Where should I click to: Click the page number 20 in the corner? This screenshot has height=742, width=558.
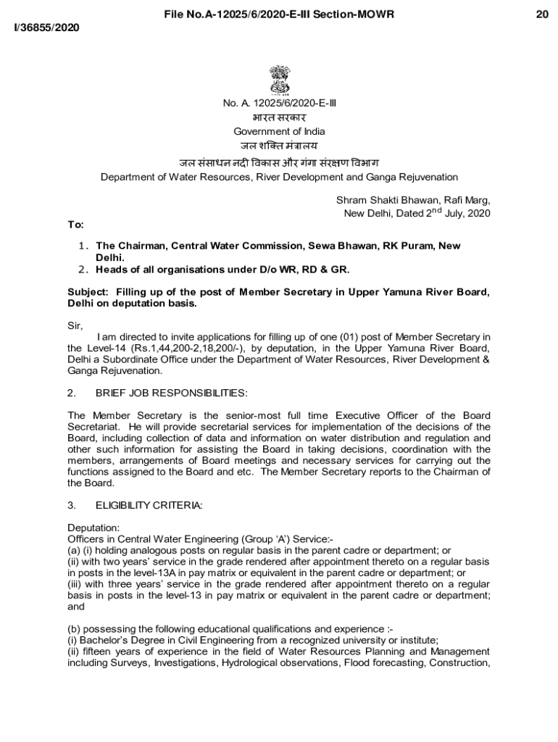pyautogui.click(x=542, y=14)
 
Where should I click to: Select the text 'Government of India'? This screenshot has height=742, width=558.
pyautogui.click(x=279, y=131)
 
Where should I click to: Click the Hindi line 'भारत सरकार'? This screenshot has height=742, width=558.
pyautogui.click(x=279, y=117)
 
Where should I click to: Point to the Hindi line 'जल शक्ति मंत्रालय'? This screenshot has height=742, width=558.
pyautogui.click(x=279, y=146)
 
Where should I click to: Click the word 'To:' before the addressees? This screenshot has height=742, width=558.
pyautogui.click(x=75, y=225)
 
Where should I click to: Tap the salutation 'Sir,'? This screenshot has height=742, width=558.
pyautogui.click(x=75, y=325)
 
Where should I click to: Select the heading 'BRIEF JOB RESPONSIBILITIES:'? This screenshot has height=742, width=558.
pyautogui.click(x=171, y=393)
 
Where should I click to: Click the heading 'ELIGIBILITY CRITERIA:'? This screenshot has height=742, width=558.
pyautogui.click(x=149, y=506)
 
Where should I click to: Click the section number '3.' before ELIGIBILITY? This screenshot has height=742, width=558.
pyautogui.click(x=72, y=506)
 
